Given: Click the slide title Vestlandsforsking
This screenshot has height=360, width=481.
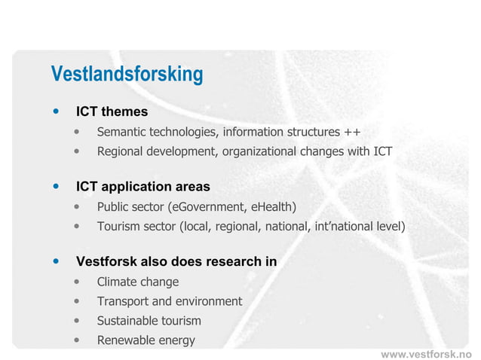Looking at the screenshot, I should click(x=127, y=75).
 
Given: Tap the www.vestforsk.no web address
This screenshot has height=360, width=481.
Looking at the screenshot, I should click(x=425, y=353).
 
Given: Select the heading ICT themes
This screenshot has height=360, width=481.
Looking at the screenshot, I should click(x=112, y=112).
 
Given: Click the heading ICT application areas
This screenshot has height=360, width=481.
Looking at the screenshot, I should click(x=142, y=187).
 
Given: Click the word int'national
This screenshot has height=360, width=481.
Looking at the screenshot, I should click(x=343, y=226).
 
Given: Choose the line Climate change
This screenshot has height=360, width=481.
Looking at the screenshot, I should click(x=138, y=282).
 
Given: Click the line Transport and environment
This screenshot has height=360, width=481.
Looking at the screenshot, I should click(x=170, y=301).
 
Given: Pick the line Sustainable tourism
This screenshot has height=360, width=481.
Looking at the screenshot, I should click(x=149, y=321).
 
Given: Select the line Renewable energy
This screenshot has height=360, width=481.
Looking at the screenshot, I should click(x=146, y=340).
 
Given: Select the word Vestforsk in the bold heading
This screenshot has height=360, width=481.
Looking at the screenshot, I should click(x=106, y=262).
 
